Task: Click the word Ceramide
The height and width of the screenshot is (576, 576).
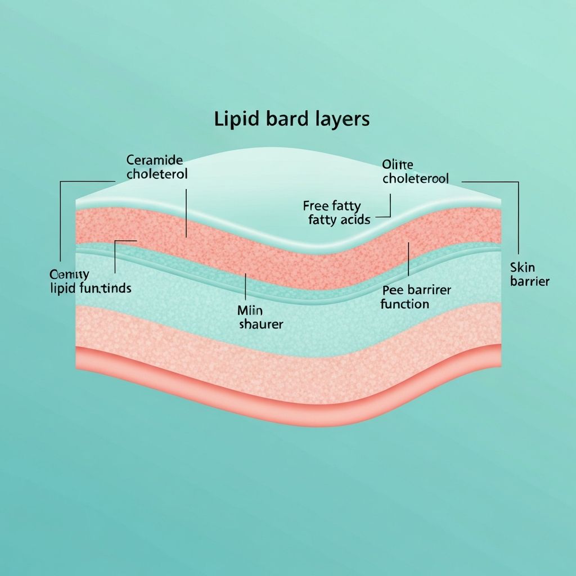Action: [x=155, y=160]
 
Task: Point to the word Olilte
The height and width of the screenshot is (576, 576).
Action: [x=398, y=165]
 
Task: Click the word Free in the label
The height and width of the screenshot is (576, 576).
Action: [x=316, y=206]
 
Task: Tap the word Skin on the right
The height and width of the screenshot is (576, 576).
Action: [x=523, y=267]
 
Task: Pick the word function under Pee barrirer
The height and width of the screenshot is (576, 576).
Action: [x=404, y=304]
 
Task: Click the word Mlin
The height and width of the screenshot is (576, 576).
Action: [x=250, y=310]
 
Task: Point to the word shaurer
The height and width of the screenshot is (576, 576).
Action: [x=261, y=325]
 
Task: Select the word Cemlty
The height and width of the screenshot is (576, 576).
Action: [x=69, y=274]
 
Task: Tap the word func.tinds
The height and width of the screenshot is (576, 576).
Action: [x=108, y=289]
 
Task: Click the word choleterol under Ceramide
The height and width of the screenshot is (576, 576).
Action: [x=157, y=174]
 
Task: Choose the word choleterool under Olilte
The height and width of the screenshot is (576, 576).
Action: [x=415, y=179]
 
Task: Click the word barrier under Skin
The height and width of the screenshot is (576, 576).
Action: [x=530, y=281]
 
